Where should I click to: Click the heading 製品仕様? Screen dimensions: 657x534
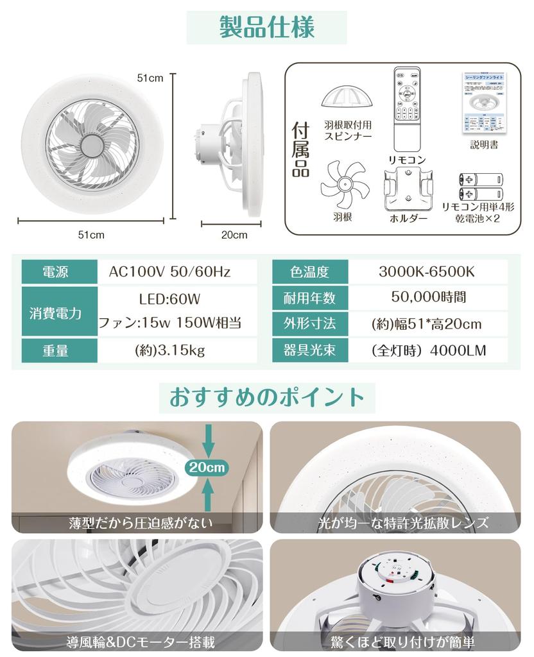[x=266, y=28]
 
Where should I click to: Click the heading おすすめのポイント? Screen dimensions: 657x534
[x=266, y=397]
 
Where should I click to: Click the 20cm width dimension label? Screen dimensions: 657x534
[x=234, y=235]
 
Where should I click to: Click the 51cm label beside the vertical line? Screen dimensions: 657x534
[x=150, y=78]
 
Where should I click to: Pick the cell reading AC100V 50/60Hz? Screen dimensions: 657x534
[x=169, y=272]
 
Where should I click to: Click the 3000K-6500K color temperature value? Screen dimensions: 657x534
[x=426, y=272]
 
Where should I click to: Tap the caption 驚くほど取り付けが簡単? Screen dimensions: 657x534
[x=395, y=642]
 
